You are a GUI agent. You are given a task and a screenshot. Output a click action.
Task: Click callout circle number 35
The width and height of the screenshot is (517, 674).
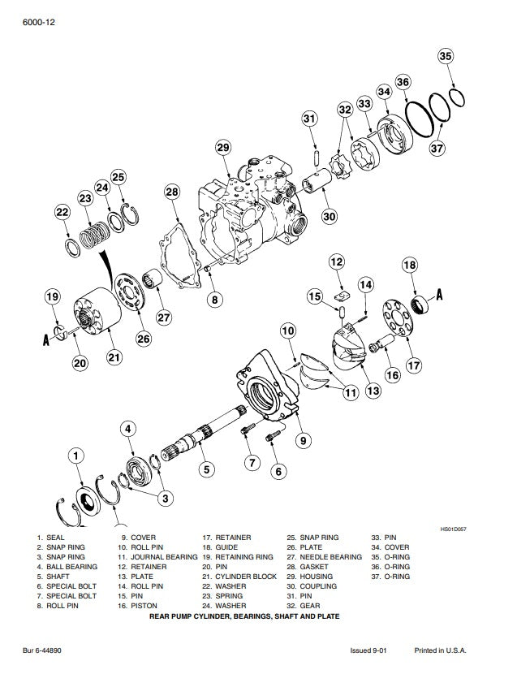(x=446, y=56)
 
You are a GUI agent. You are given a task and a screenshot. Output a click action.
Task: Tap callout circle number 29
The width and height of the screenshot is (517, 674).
(x=223, y=148)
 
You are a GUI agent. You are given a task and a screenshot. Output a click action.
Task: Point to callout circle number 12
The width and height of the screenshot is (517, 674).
(x=337, y=262)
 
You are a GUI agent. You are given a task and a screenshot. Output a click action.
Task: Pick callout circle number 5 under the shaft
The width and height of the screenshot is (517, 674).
(x=207, y=469)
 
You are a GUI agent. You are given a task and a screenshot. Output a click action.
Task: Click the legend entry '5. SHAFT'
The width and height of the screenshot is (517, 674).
(x=54, y=577)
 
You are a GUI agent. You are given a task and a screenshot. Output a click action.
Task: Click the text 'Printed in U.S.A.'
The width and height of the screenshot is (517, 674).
(x=441, y=650)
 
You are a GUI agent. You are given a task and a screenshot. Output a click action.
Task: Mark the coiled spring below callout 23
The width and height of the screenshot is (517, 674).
(x=98, y=231)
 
